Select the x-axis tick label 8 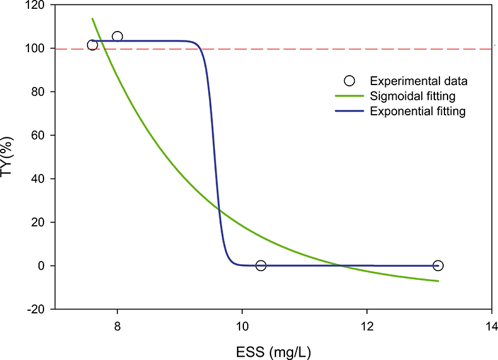[117, 326]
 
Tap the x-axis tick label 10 [241, 326]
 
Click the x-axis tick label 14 [491, 326]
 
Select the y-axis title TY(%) [9, 157]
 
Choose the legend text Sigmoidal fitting [413, 96]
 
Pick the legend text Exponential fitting [417, 112]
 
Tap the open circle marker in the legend [350, 81]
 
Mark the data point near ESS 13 [438, 265]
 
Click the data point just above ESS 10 [260, 265]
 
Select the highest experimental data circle [117, 37]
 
